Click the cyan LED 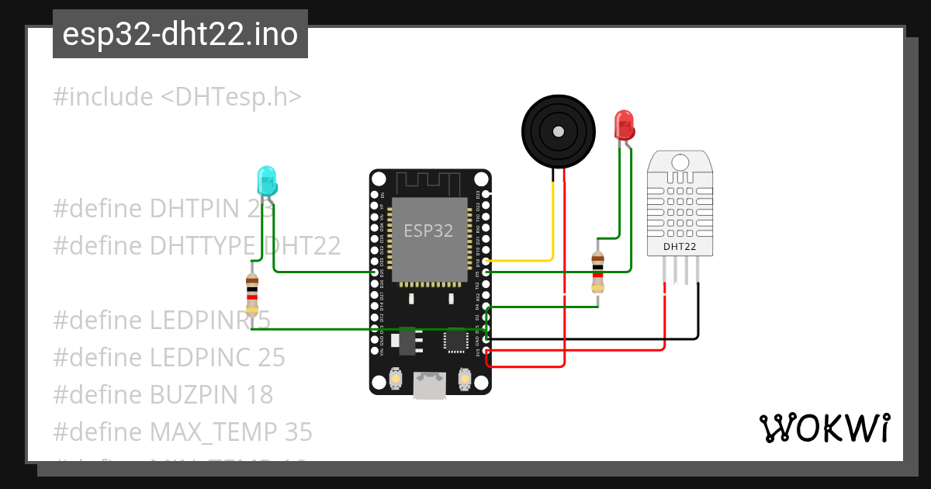(x=266, y=181)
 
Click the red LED (x=624, y=125)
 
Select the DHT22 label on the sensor (x=679, y=248)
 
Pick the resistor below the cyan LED (x=251, y=291)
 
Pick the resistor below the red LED (x=597, y=272)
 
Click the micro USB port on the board (x=430, y=385)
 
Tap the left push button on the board (x=396, y=379)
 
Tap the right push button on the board (x=465, y=379)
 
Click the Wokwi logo (x=824, y=428)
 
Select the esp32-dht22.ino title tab (x=180, y=35)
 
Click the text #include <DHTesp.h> (x=177, y=97)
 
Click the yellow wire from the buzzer (x=552, y=225)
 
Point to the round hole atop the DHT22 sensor (x=680, y=162)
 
